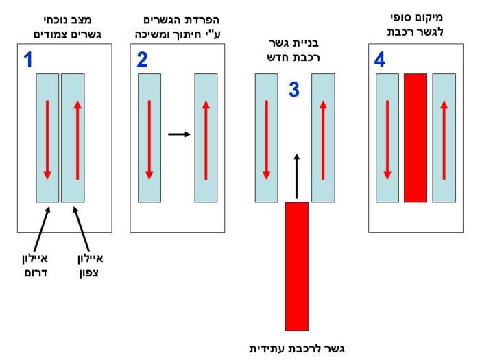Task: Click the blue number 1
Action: pyautogui.click(x=28, y=60)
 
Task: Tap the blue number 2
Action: pyautogui.click(x=142, y=60)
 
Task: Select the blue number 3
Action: pyautogui.click(x=294, y=89)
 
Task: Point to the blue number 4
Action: pyautogui.click(x=380, y=60)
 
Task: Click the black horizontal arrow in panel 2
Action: pyautogui.click(x=180, y=134)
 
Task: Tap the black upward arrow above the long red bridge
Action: pyautogui.click(x=296, y=176)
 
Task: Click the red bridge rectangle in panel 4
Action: pyautogui.click(x=416, y=138)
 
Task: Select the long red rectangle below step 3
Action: pyautogui.click(x=297, y=266)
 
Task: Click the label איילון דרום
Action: pyautogui.click(x=35, y=265)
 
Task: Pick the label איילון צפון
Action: pyautogui.click(x=91, y=265)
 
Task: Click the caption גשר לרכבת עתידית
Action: pyautogui.click(x=297, y=348)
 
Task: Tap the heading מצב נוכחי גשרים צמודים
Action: pyautogui.click(x=67, y=27)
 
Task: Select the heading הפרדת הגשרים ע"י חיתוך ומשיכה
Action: pyautogui.click(x=178, y=27)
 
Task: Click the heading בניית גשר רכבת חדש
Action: pyautogui.click(x=293, y=50)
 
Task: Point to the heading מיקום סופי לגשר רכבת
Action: pyautogui.click(x=416, y=25)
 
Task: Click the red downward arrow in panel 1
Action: pyautogui.click(x=47, y=140)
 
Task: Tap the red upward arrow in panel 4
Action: pyautogui.click(x=444, y=140)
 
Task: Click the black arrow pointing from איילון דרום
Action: pyautogui.click(x=43, y=229)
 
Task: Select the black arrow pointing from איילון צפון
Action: pyautogui.click(x=81, y=229)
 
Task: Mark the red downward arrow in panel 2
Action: pyautogui.click(x=149, y=140)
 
